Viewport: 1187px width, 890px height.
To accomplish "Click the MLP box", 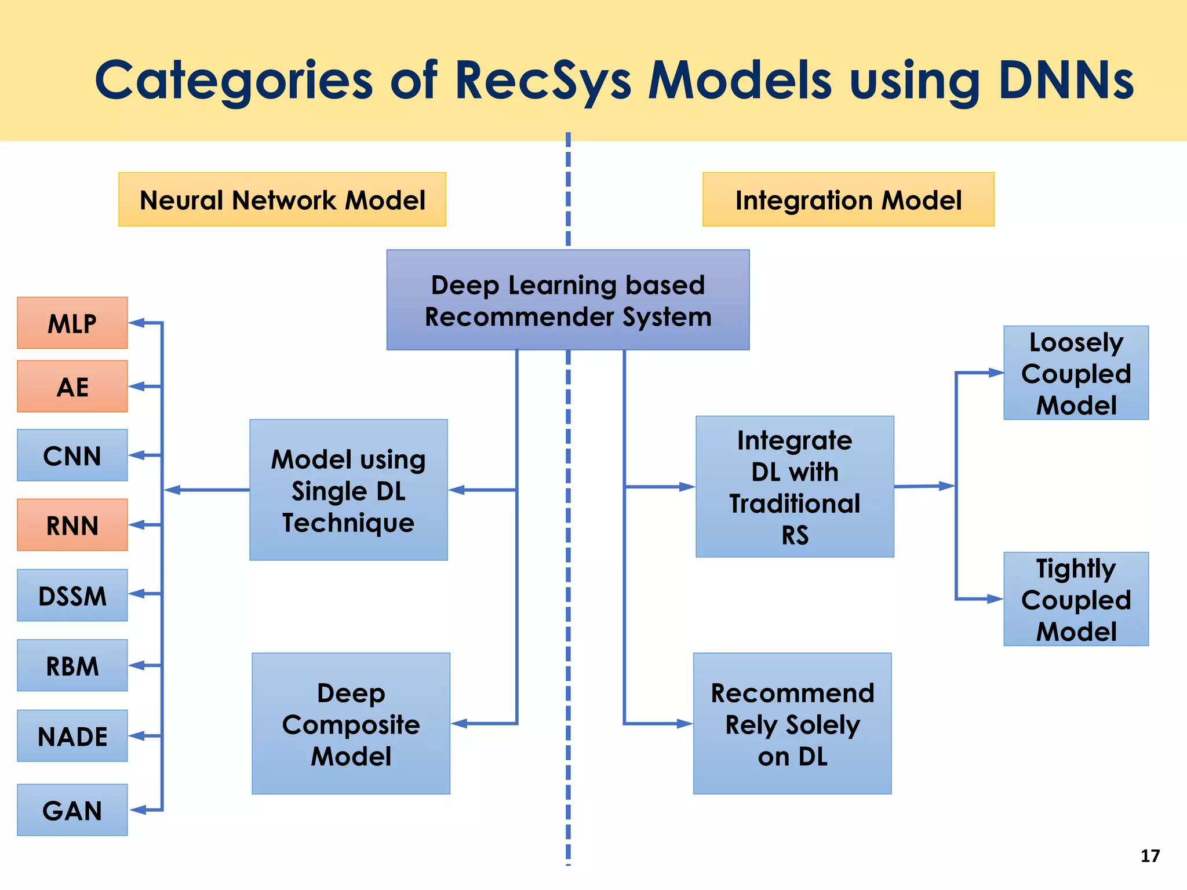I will (x=72, y=323).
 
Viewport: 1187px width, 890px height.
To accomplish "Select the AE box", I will (x=72, y=386).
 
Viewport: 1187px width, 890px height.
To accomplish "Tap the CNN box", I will (x=72, y=455).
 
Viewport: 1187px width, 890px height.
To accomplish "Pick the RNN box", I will (x=72, y=525).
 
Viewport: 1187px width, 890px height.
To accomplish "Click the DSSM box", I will (x=72, y=595).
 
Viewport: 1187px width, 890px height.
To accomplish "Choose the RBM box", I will (x=72, y=665).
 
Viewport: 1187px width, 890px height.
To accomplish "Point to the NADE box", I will (x=72, y=736).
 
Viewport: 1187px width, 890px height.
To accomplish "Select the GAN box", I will (x=72, y=810).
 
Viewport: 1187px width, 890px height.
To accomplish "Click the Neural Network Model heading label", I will (x=282, y=200).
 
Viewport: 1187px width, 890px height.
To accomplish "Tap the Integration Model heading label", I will (x=848, y=200).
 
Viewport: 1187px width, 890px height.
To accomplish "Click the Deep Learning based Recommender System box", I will (x=568, y=300).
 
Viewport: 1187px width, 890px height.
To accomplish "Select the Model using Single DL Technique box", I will (x=348, y=490).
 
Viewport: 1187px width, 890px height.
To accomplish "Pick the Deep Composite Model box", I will (x=351, y=724).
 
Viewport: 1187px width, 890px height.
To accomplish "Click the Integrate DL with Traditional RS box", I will (x=795, y=487).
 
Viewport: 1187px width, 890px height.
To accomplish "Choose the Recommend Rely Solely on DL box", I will (x=792, y=724).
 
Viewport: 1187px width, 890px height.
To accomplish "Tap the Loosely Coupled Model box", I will (x=1076, y=373).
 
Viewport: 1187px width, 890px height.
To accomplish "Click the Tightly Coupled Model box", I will (x=1076, y=599).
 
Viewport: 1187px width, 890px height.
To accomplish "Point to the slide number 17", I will (x=1150, y=856).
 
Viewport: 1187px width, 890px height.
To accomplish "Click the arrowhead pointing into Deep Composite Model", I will (x=459, y=724).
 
